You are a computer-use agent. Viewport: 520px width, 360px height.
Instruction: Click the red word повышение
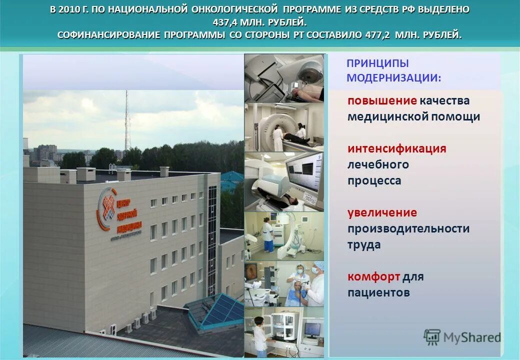click(382, 100)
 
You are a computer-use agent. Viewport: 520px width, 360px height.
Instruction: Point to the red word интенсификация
click(397, 148)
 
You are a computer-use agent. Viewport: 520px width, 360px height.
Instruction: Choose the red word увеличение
click(382, 212)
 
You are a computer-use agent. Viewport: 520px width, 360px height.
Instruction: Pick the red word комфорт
click(373, 276)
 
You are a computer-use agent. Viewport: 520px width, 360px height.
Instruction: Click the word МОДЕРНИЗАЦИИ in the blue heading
click(393, 78)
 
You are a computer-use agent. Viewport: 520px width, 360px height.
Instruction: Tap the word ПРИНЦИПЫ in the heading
click(377, 63)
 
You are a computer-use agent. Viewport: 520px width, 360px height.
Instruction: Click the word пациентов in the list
click(378, 292)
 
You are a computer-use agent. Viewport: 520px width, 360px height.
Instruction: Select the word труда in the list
click(364, 244)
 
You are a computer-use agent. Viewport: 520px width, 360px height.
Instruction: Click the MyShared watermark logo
click(462, 337)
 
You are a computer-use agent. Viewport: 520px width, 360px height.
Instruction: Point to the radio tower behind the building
click(127, 120)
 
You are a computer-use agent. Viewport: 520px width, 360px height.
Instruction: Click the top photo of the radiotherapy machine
click(284, 77)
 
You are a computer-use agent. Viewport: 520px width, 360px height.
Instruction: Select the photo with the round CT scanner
click(284, 127)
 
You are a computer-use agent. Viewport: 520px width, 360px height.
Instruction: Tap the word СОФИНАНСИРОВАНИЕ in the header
click(108, 35)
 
